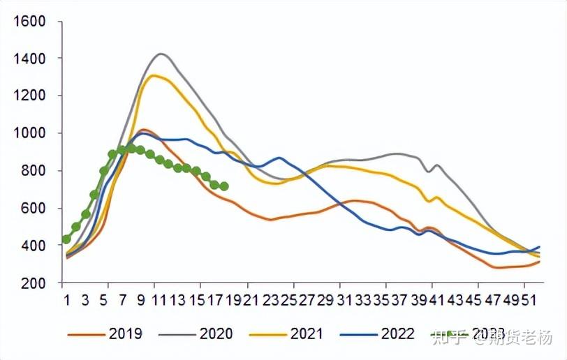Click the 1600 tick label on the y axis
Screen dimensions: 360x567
[29, 22]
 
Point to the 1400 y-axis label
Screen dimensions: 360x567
[29, 59]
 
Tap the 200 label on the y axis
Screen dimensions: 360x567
[34, 283]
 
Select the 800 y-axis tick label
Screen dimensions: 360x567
[34, 171]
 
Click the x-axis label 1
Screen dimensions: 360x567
[66, 301]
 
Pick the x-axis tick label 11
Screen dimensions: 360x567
[159, 301]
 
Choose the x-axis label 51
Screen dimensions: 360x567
[531, 301]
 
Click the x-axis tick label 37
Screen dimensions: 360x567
[399, 301]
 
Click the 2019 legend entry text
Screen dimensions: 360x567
[126, 334]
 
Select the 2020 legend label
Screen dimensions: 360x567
[216, 334]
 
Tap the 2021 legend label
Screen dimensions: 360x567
[307, 334]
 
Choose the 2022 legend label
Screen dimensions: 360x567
[398, 334]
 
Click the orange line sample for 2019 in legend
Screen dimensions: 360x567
[85, 334]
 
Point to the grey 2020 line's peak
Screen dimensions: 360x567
[161, 54]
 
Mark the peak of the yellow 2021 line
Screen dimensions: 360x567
[153, 75]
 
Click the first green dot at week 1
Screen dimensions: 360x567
[66, 239]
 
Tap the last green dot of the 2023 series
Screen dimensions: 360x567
[224, 186]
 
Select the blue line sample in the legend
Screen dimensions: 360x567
[358, 334]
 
